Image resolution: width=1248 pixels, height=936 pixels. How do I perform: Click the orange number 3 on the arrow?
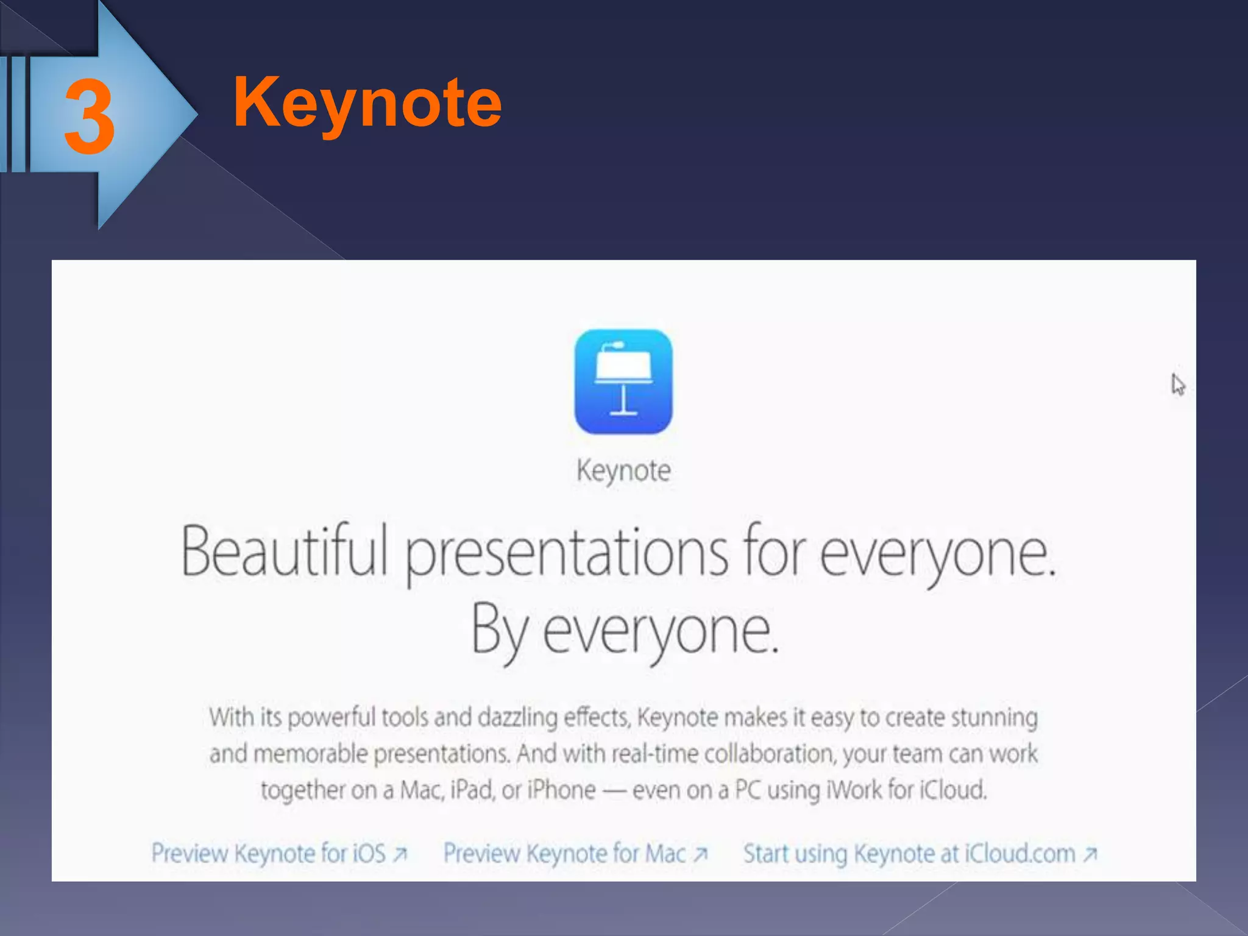pyautogui.click(x=90, y=118)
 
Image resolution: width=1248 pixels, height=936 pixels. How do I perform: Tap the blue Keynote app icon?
pyautogui.click(x=623, y=381)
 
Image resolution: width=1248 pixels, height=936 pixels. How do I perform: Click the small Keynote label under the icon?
pyautogui.click(x=623, y=471)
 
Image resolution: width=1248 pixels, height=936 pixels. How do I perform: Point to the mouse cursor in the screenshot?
pyautogui.click(x=1177, y=385)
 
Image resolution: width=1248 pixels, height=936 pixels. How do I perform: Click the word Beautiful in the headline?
pyautogui.click(x=284, y=551)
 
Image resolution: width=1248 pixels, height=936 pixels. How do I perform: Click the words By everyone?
pyautogui.click(x=625, y=631)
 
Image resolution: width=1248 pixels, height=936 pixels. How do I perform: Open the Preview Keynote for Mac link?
pyautogui.click(x=575, y=854)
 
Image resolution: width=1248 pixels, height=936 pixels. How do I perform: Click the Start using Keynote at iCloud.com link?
pyautogui.click(x=919, y=854)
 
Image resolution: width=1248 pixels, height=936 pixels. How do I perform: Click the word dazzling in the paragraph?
pyautogui.click(x=517, y=718)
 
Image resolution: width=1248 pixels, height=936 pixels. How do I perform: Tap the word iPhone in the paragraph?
pyautogui.click(x=561, y=790)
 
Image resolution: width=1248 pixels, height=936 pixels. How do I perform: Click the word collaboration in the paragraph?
pyautogui.click(x=768, y=754)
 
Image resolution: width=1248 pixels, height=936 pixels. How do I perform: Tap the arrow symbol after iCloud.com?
pyautogui.click(x=1090, y=854)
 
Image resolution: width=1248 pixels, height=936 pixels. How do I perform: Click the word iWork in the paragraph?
pyautogui.click(x=853, y=790)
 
